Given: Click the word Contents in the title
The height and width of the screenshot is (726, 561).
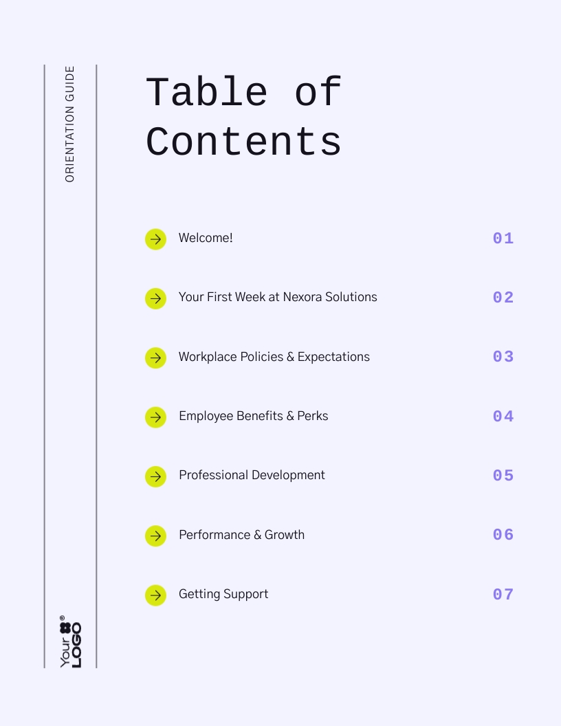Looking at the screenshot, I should [243, 142].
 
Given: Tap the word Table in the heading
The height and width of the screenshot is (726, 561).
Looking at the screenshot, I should [206, 93].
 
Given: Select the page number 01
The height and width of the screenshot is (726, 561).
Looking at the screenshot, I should [503, 239].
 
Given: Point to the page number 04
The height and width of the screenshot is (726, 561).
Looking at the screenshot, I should [503, 417].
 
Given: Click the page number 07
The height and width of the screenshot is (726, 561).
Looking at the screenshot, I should [503, 595].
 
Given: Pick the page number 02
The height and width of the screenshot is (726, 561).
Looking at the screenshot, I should [503, 298].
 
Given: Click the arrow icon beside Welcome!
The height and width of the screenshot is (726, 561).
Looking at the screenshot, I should [155, 239].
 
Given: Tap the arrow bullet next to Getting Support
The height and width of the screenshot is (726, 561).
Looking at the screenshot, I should [155, 595].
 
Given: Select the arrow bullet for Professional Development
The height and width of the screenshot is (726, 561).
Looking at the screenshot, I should [155, 476].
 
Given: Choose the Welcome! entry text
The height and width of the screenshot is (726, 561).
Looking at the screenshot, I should [206, 238].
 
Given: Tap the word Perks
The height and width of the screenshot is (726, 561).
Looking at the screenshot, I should [313, 416].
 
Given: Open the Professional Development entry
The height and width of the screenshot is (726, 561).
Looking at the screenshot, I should [252, 475].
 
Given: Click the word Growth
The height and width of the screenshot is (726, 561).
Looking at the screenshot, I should [285, 535].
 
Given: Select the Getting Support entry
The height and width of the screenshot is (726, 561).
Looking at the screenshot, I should [223, 594].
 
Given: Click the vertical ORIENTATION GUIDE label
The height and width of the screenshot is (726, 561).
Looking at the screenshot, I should [69, 124].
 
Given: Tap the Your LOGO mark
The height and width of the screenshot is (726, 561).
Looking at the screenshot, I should [70, 641].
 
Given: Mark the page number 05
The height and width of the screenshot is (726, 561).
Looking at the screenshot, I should [503, 476].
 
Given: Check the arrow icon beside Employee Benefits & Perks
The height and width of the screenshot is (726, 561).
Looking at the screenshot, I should [155, 417].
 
